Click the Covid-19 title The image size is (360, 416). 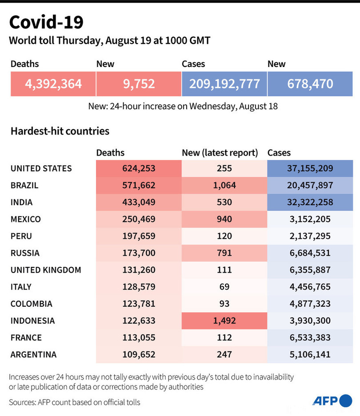coord(46,22)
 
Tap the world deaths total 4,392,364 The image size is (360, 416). coord(53,83)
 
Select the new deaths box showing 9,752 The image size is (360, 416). coord(139,83)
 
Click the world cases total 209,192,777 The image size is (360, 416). coord(224,83)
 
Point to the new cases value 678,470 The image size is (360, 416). coord(310,83)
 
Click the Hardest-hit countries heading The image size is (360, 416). coord(60,131)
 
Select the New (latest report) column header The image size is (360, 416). coord(220,153)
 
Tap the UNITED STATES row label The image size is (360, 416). coord(41,168)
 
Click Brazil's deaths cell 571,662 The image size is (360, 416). coord(139,185)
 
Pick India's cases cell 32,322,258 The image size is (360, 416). coord(310,202)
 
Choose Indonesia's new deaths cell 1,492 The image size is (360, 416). coord(224,321)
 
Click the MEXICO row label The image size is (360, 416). coord(25,219)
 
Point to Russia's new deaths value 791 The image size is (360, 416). coord(224,253)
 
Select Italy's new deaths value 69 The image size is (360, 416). coord(224,287)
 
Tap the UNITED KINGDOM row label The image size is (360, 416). coord(46,270)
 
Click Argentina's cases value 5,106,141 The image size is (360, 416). coord(310,355)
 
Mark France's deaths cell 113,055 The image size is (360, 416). coord(139,338)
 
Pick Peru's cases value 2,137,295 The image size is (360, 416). coord(310,236)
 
